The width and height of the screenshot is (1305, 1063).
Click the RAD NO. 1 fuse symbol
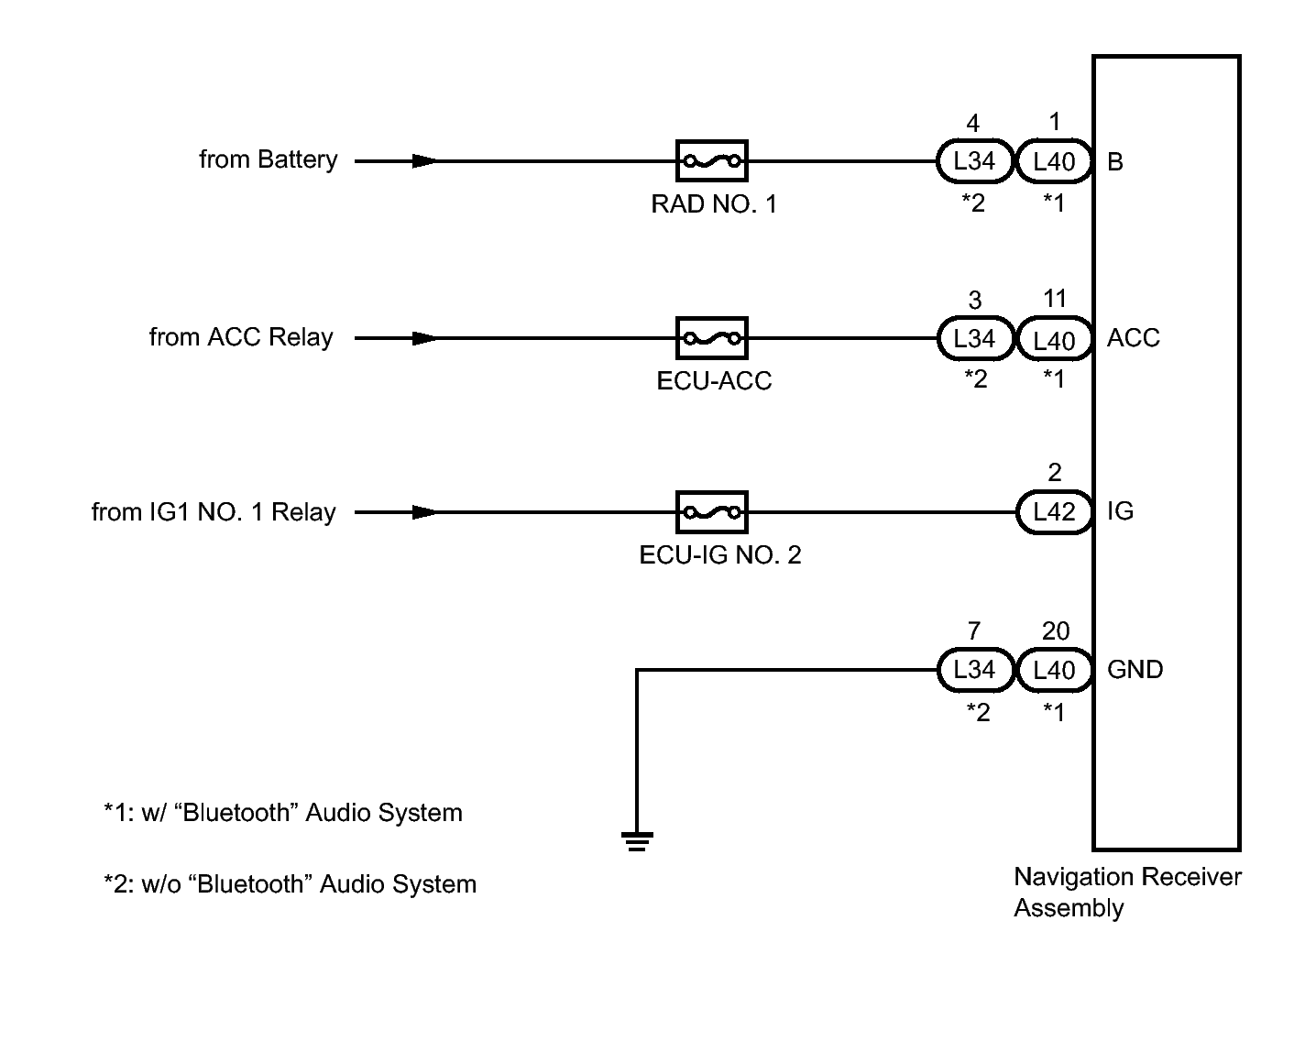(x=711, y=161)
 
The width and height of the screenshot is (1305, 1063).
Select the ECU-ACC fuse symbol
(x=711, y=338)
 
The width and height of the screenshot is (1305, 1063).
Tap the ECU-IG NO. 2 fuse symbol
(x=711, y=512)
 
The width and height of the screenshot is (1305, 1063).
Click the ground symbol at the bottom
(x=636, y=840)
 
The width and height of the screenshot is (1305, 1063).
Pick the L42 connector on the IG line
(x=1054, y=512)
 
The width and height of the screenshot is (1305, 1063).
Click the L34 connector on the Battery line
(x=974, y=161)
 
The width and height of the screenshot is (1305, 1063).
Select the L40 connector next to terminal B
(x=1054, y=161)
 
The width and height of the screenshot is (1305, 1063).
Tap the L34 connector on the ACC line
(x=974, y=338)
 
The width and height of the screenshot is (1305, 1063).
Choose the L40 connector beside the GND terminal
(x=1054, y=670)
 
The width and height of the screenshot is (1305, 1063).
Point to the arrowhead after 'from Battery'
(x=424, y=161)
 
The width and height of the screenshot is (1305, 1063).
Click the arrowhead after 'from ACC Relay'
(x=424, y=338)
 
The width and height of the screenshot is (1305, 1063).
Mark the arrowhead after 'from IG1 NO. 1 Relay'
(x=424, y=512)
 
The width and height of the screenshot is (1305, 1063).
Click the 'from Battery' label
(x=269, y=159)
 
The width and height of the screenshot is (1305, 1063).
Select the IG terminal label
(x=1120, y=510)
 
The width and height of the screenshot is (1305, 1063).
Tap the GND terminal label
(x=1135, y=670)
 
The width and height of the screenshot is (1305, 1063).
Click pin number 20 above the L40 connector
(x=1055, y=631)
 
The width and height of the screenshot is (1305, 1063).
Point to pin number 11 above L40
(x=1055, y=299)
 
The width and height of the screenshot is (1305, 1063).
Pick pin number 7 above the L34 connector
(x=973, y=631)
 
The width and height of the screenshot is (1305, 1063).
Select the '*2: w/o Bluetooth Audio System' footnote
(x=291, y=884)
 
